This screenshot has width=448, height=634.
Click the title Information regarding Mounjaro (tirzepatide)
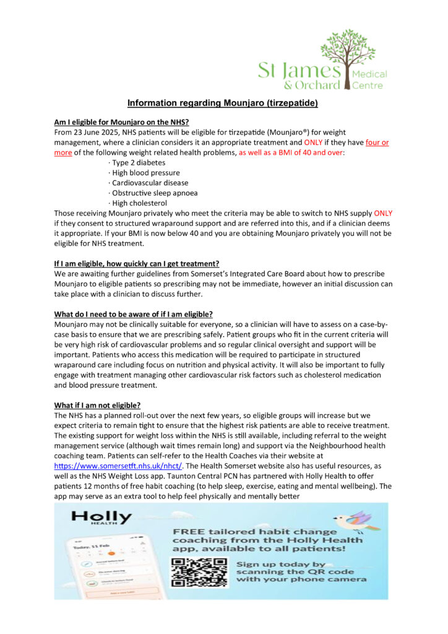(223, 103)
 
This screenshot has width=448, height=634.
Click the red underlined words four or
(377, 142)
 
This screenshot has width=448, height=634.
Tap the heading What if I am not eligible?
(97, 405)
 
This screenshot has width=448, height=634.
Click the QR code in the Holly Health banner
(199, 572)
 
